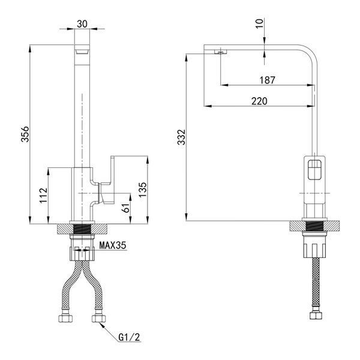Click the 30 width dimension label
pyautogui.click(x=82, y=24)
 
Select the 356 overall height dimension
pyautogui.click(x=25, y=134)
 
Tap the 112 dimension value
pyautogui.click(x=43, y=196)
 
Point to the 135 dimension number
pyautogui.click(x=142, y=190)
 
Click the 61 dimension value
pyautogui.click(x=127, y=208)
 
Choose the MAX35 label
pyautogui.click(x=113, y=245)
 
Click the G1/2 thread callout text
pyautogui.click(x=129, y=337)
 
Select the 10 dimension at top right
pyautogui.click(x=259, y=23)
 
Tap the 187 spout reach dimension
pyautogui.click(x=267, y=80)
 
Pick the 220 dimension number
pyautogui.click(x=259, y=101)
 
